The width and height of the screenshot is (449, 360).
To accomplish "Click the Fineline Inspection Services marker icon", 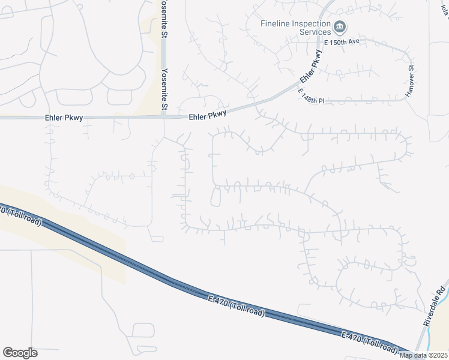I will (340, 26).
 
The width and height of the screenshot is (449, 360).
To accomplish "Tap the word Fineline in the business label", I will (277, 23).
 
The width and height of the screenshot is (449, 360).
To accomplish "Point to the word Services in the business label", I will (315, 32).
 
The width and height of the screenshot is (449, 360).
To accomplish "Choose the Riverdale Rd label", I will (433, 305).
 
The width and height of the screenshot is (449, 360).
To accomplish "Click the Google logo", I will (20, 352).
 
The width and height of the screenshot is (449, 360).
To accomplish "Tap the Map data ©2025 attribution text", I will (423, 355).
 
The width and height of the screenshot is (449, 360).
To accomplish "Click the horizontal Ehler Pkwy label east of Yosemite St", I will (208, 115).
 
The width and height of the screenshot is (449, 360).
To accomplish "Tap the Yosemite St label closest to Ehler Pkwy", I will (164, 89).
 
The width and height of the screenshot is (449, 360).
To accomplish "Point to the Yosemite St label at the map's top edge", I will (164, 17).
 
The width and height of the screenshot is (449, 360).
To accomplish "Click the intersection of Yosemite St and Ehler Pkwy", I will (164, 117).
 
